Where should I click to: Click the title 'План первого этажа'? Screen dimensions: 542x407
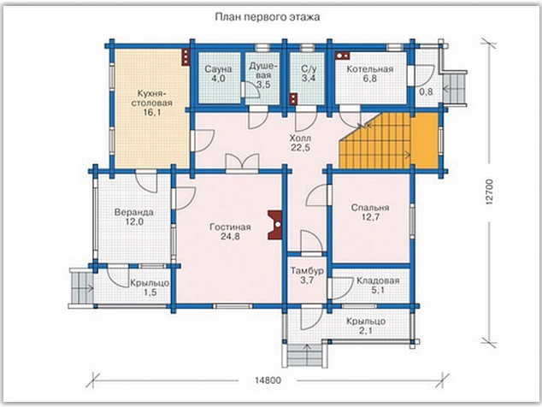[268, 17]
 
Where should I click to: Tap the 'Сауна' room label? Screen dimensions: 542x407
[218, 69]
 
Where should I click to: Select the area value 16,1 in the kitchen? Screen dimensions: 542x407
[152, 112]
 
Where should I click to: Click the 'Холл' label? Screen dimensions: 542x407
[300, 138]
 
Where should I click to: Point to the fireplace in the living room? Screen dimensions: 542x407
[275, 225]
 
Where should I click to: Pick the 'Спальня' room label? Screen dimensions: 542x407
[370, 208]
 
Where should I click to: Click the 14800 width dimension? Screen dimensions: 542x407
[268, 380]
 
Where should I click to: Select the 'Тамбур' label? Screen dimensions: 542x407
[307, 270]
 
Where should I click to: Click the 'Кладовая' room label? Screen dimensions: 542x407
[378, 280]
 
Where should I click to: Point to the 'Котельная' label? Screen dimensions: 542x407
[370, 68]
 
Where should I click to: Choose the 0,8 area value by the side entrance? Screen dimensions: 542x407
[426, 91]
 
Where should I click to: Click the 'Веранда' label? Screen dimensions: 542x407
[133, 212]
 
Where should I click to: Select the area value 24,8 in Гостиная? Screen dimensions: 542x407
[230, 237]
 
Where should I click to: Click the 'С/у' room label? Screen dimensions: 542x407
[308, 68]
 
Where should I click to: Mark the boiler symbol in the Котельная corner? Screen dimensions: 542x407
[343, 55]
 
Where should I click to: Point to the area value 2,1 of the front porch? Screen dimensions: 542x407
[366, 331]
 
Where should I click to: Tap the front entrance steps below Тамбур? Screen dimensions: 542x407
[305, 356]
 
